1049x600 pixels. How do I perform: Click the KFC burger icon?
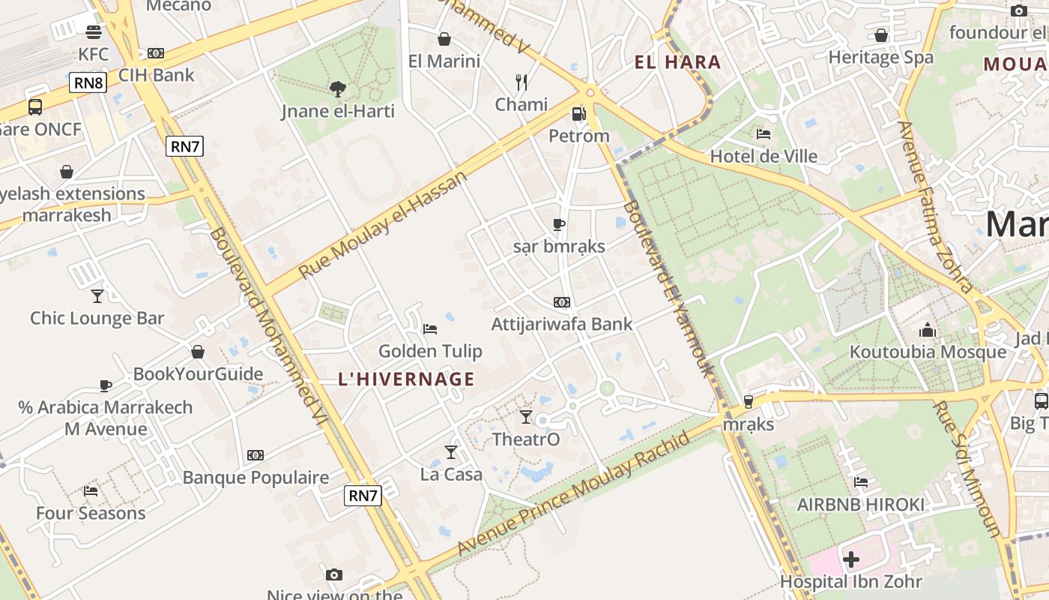click(94, 32)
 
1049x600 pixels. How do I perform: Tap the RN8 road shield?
click(88, 82)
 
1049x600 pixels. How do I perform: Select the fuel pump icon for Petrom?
click(578, 114)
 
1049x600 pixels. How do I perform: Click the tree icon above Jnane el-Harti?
click(338, 89)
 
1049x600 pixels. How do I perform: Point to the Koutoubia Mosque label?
click(928, 352)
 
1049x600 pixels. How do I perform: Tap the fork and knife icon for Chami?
click(522, 82)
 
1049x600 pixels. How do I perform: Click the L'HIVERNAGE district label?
click(407, 379)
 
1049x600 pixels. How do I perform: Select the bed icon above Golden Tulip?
click(430, 328)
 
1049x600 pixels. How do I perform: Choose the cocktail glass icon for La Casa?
click(451, 451)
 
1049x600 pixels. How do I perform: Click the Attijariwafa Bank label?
click(562, 324)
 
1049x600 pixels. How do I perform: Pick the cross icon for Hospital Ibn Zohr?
click(851, 559)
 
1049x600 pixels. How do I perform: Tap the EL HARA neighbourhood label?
click(677, 62)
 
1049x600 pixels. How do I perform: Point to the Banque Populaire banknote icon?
click(256, 455)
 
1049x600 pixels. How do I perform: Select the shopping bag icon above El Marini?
click(444, 39)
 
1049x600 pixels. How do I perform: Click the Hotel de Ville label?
click(764, 156)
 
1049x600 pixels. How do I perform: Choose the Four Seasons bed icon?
click(91, 491)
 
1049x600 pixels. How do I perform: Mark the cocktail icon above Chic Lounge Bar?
click(97, 295)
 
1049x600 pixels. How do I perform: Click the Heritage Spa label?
click(880, 57)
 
